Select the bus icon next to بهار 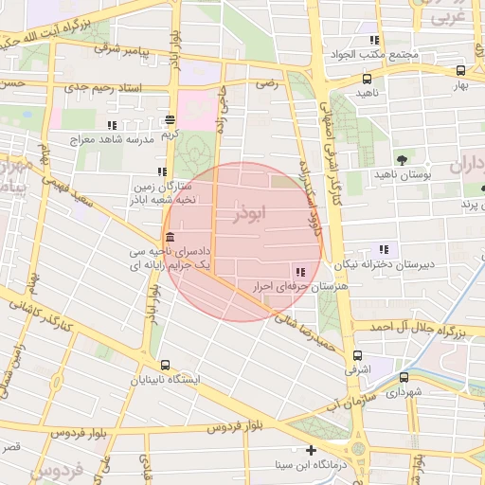pos(460,70)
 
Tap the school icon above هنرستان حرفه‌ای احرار pos(300,271)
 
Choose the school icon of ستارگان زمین pos(162,172)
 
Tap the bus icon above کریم pos(170,119)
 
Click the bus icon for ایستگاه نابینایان pos(166,365)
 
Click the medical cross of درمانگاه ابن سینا pos(311,450)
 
